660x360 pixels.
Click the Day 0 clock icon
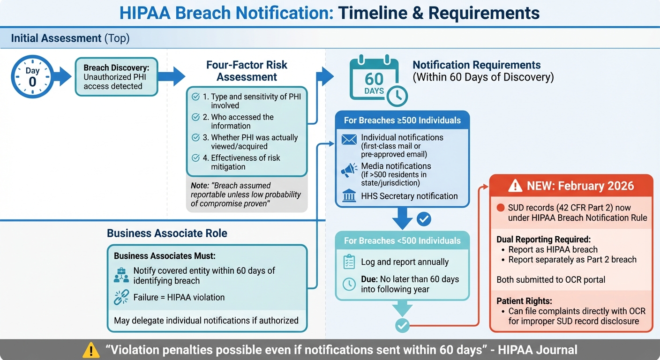coord(32,77)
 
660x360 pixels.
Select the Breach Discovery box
coord(116,77)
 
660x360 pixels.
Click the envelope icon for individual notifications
coord(349,139)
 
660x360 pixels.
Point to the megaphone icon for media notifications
coord(349,171)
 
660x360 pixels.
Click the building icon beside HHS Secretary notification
coord(349,196)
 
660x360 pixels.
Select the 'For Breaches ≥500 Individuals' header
coord(402,120)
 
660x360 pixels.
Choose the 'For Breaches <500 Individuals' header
coord(402,240)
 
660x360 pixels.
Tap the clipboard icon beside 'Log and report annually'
coord(349,262)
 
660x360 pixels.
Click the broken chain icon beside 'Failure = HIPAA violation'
coord(121,297)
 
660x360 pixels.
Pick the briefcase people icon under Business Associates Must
coord(121,275)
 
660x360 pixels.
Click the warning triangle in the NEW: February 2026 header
coord(515,186)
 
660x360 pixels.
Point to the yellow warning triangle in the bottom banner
coord(90,350)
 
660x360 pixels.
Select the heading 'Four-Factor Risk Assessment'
coord(247,71)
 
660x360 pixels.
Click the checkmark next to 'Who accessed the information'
coord(195,117)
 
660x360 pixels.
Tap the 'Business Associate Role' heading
coord(167,233)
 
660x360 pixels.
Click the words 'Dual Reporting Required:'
coord(537,239)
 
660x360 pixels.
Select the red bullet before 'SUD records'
coord(500,208)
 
